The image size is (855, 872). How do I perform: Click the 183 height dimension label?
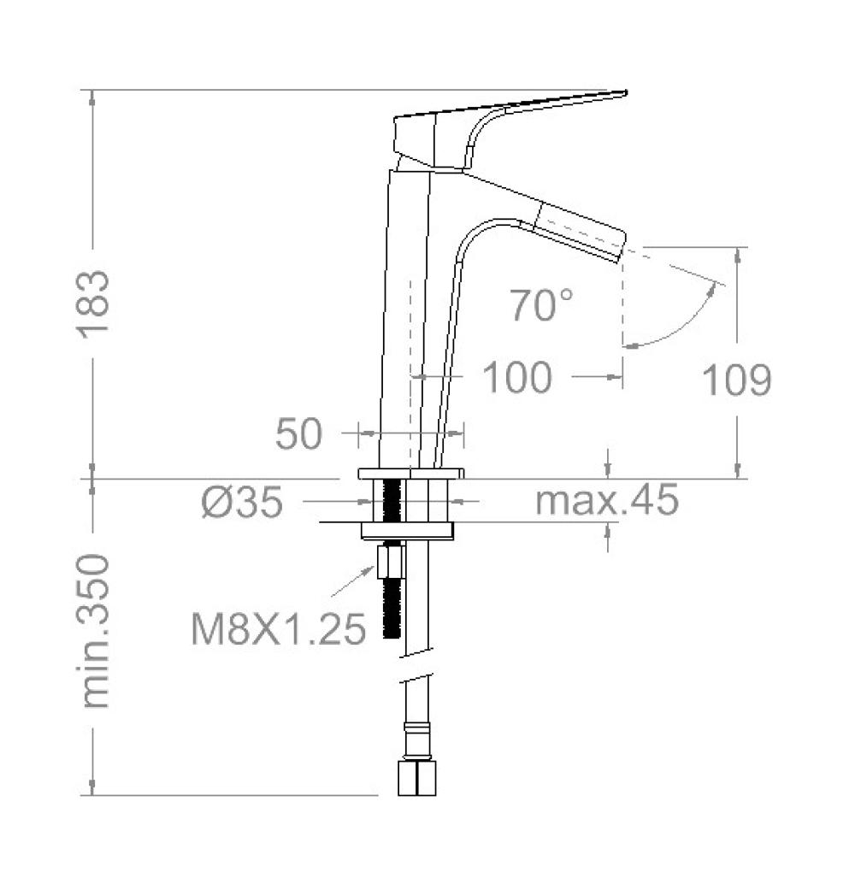coord(93,304)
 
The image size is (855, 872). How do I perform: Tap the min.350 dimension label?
coord(95,631)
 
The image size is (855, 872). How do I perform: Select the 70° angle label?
coord(540,304)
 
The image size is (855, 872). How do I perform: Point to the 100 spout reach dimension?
coord(516,377)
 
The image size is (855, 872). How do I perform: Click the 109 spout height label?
coord(736,380)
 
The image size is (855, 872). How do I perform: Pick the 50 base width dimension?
coord(298,433)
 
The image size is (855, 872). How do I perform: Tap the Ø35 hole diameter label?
coord(243,502)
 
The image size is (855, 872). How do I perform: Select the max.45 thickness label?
coord(607,499)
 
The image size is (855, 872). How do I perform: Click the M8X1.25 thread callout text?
coord(278,629)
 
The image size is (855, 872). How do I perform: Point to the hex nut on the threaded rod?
coord(391,563)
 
